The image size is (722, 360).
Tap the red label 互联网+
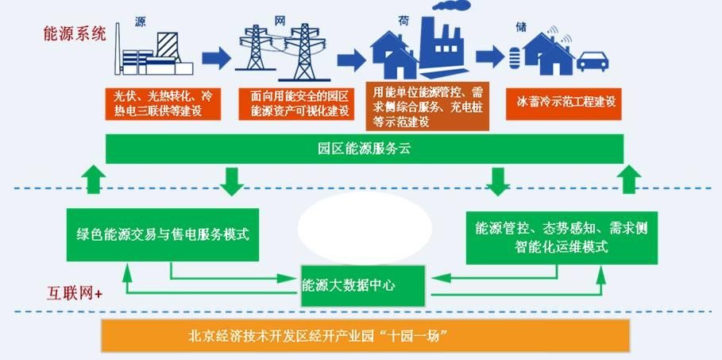[74, 294]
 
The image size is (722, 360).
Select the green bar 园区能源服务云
[365, 149]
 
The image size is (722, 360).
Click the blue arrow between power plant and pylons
[215, 57]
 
